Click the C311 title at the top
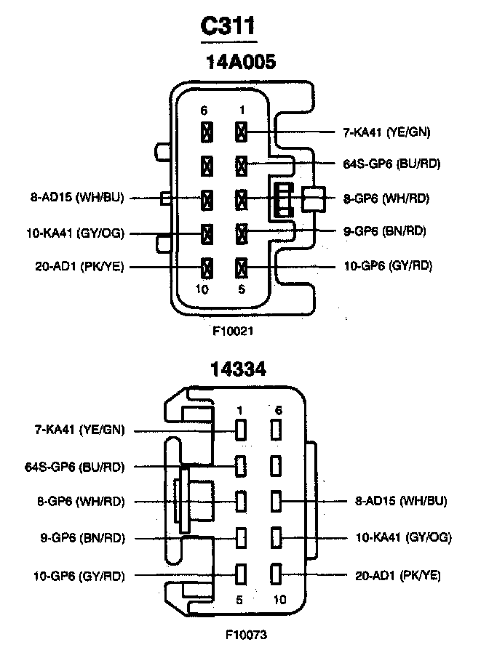click(x=228, y=26)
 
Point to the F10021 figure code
click(x=233, y=330)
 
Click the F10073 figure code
click(x=246, y=635)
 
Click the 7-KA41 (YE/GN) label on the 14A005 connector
click(x=386, y=132)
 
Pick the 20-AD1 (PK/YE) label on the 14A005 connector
click(x=79, y=267)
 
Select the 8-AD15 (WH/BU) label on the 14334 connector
click(x=401, y=501)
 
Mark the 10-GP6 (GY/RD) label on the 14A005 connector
click(x=387, y=266)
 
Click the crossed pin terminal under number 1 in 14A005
click(x=241, y=132)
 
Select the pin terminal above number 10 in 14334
click(x=277, y=574)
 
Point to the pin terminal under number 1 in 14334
click(x=240, y=429)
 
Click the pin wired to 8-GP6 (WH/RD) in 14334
click(x=240, y=501)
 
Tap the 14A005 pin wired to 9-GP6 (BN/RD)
click(x=241, y=233)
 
